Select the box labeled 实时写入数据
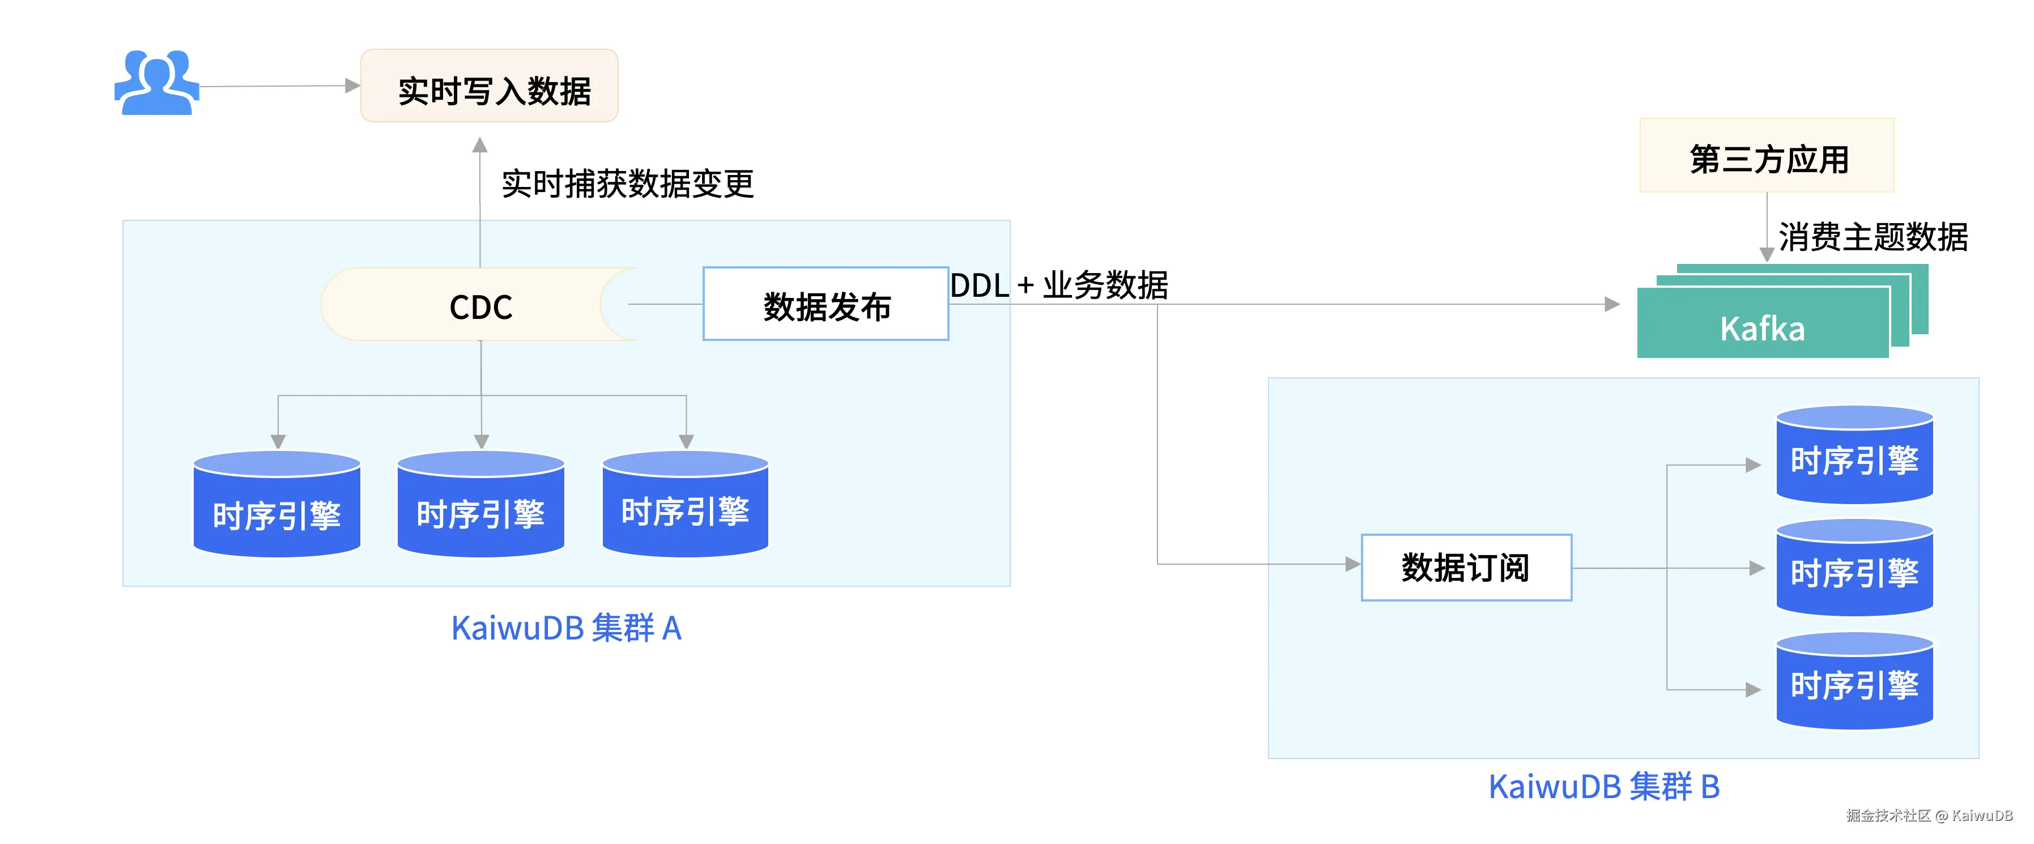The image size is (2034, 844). [490, 86]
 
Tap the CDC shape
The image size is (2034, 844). [480, 305]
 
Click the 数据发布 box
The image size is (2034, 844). [825, 305]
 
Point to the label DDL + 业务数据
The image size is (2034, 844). [1058, 285]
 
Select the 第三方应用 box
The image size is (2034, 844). [1767, 156]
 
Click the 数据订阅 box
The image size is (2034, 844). [1466, 568]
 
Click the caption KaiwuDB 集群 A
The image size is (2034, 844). [565, 628]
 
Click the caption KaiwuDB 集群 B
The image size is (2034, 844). [1603, 786]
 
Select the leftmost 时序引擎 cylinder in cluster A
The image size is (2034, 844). [277, 505]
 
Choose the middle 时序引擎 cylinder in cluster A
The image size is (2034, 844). [481, 505]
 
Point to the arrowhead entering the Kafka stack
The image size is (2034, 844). [1612, 304]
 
